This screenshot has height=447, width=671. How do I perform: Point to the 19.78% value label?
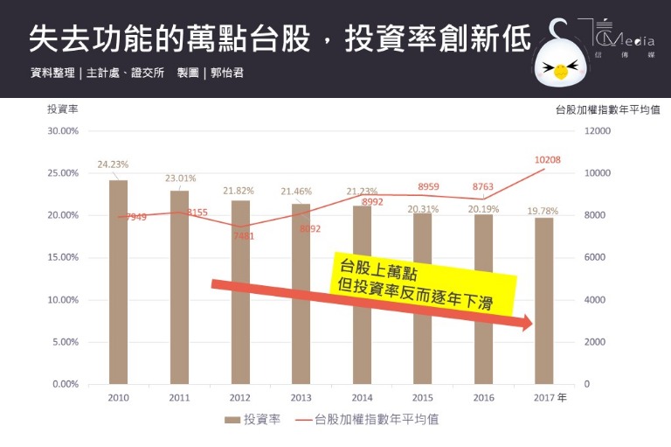point(543,210)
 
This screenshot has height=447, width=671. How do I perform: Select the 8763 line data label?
point(482,186)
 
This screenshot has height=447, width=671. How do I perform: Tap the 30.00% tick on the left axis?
point(63,131)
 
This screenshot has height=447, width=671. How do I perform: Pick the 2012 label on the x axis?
point(239,398)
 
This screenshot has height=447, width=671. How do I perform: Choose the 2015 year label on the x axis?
point(422,398)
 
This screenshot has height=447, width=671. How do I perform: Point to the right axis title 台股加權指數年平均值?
point(606,110)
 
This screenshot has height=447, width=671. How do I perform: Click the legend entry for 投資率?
point(252,420)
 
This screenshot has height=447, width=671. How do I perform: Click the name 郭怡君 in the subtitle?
point(227,73)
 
